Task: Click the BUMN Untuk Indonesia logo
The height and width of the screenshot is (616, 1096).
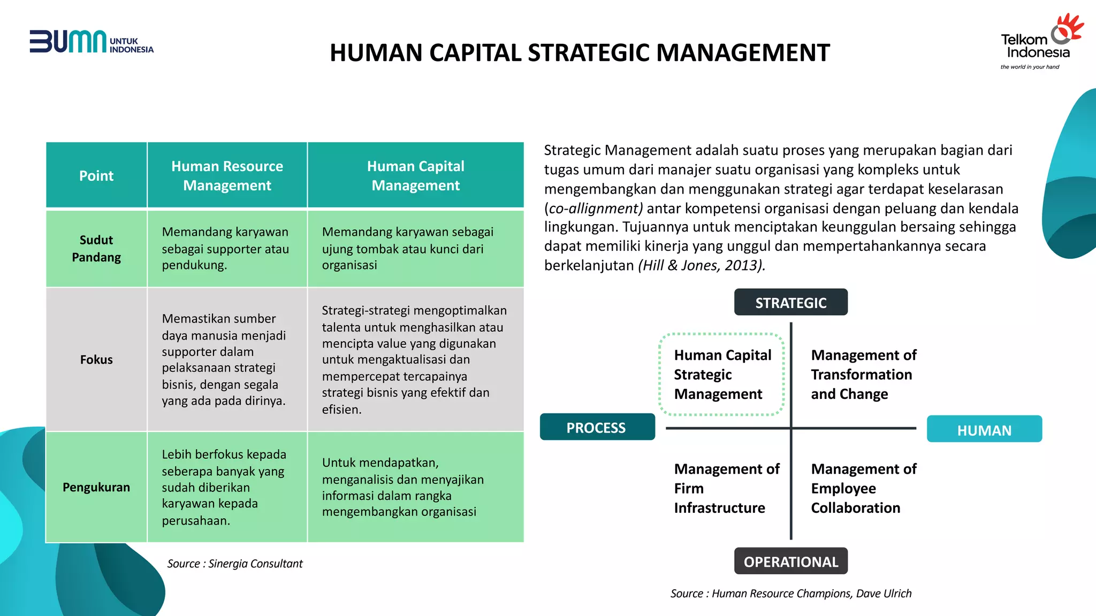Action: [x=91, y=42]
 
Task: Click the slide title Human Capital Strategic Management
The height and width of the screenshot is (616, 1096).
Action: [x=580, y=53]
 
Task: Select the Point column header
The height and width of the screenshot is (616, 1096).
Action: [x=96, y=175]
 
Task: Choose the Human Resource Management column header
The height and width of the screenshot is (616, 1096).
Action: [x=227, y=175]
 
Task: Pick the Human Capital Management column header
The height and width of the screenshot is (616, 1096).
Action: [x=415, y=175]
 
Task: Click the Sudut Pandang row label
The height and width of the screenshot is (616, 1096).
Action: [x=96, y=249]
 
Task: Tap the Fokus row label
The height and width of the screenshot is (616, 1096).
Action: [x=96, y=359]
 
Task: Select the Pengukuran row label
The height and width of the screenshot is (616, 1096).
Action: [x=96, y=487]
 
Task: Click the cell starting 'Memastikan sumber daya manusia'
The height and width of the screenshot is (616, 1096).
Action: [x=224, y=359]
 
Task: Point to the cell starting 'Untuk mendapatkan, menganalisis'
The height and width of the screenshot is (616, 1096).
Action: [x=402, y=487]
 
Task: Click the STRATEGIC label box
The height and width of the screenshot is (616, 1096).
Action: [x=790, y=303]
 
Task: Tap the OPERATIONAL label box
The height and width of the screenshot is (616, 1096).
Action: [x=790, y=561]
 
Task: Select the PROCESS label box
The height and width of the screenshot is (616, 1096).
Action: [x=597, y=427]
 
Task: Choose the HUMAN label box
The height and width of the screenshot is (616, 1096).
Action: [x=984, y=429]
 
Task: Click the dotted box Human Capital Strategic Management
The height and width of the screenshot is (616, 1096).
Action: [x=722, y=374]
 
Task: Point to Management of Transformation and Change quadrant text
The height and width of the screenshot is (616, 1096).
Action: [x=863, y=374]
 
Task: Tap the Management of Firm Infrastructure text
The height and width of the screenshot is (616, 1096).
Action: [x=726, y=488]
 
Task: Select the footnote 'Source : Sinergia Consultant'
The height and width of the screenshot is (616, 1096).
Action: [x=234, y=564]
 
